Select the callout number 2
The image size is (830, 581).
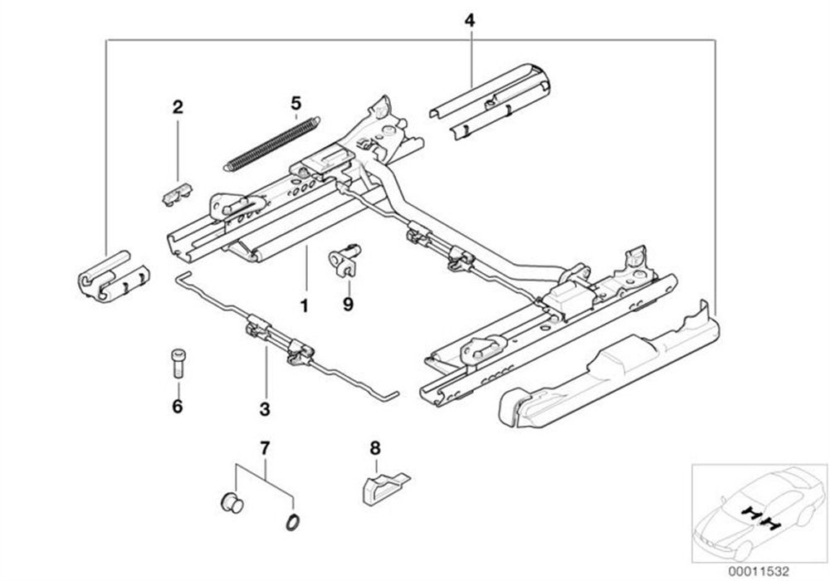tap(178, 106)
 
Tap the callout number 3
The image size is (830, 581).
tap(265, 408)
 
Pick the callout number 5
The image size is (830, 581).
tap(295, 103)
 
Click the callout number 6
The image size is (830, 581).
tap(177, 407)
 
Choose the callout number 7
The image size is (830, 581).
tap(265, 449)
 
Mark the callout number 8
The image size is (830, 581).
tap(374, 448)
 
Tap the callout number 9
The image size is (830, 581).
tap(348, 305)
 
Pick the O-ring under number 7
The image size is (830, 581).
tap(293, 521)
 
